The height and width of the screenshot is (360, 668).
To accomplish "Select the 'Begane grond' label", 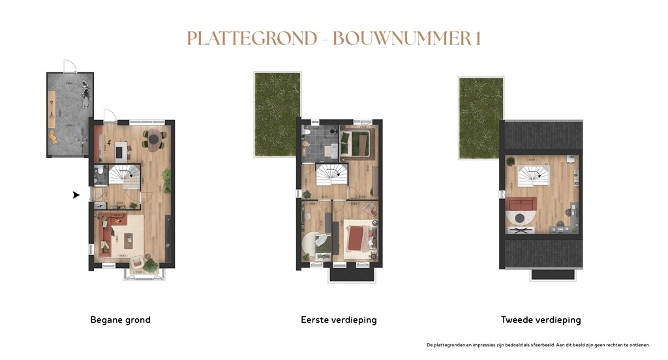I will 120,320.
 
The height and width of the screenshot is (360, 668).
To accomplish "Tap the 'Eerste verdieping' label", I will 339,320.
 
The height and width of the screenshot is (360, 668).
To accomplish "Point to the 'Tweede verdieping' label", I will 541,320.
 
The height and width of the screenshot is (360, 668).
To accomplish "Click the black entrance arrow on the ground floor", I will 76,195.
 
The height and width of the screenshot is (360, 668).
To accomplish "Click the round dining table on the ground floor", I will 154,138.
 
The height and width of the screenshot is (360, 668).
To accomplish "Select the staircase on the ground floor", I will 124,175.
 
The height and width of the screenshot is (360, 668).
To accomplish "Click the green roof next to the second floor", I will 481,118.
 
